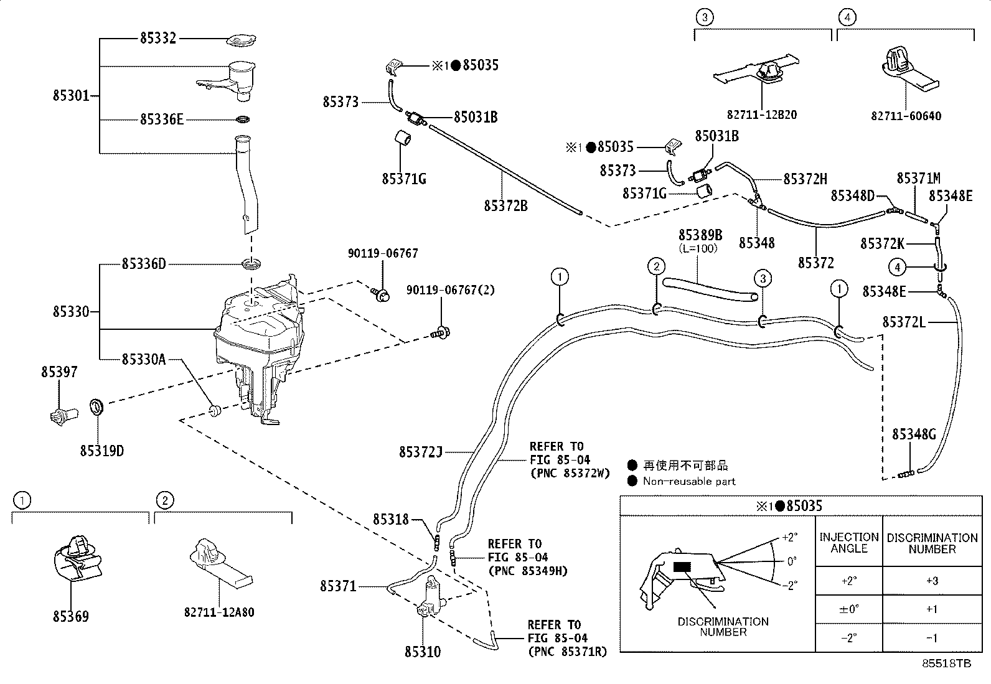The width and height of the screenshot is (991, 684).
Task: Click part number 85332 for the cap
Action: coord(158,39)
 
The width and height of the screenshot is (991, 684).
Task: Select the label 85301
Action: coord(71,96)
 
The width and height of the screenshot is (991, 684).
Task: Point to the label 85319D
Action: coord(101,450)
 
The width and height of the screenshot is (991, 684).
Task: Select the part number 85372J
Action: coord(420,452)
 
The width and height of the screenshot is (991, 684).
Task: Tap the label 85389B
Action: coord(700,235)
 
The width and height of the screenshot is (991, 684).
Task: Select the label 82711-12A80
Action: coord(219,612)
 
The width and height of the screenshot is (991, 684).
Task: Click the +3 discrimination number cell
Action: coord(931,581)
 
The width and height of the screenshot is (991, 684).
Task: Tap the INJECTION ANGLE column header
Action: coord(848,543)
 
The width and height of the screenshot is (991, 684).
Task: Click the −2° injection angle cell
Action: coord(848,638)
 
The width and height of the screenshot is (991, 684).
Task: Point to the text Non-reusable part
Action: coord(688,481)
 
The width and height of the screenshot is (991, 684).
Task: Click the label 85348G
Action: coord(914,434)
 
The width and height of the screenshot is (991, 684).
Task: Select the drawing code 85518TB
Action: coord(946,664)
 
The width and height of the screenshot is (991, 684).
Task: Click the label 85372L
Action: coord(904,322)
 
